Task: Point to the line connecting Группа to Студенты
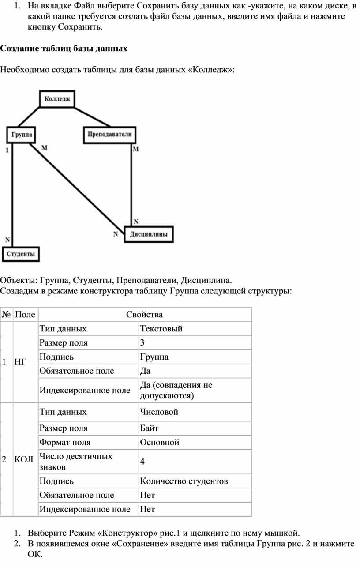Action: point(12,195)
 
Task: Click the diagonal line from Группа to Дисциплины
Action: point(77,188)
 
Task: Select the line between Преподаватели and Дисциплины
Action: point(131,184)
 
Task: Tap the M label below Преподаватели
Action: point(135,149)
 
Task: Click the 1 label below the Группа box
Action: point(7,150)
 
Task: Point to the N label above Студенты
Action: point(7,240)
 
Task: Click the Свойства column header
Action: point(144,314)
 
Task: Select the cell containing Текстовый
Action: point(195,329)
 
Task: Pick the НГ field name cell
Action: point(25,362)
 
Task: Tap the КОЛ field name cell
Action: point(25,459)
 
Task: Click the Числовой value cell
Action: point(195,412)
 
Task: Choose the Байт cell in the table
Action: point(195,428)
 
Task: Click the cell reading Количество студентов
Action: point(195,481)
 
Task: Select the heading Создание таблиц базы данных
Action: point(64,49)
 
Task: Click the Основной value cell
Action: point(195,442)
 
